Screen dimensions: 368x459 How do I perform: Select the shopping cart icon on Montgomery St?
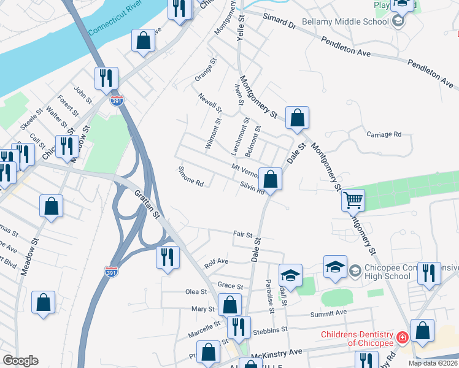pyautogui.click(x=353, y=200)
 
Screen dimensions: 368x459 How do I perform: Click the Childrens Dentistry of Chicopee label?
pyautogui.click(x=357, y=339)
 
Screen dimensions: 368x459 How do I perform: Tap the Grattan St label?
pyautogui.click(x=148, y=204)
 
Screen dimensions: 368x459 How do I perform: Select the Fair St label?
pyautogui.click(x=243, y=234)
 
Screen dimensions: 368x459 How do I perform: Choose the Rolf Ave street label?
pyautogui.click(x=216, y=262)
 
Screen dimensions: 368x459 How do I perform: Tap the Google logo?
pyautogui.click(x=20, y=361)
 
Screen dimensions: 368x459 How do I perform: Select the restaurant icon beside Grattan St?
pyautogui.click(x=166, y=258)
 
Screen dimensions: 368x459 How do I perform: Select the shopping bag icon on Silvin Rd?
pyautogui.click(x=269, y=179)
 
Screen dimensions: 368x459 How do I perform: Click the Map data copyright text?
pyautogui.click(x=433, y=363)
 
